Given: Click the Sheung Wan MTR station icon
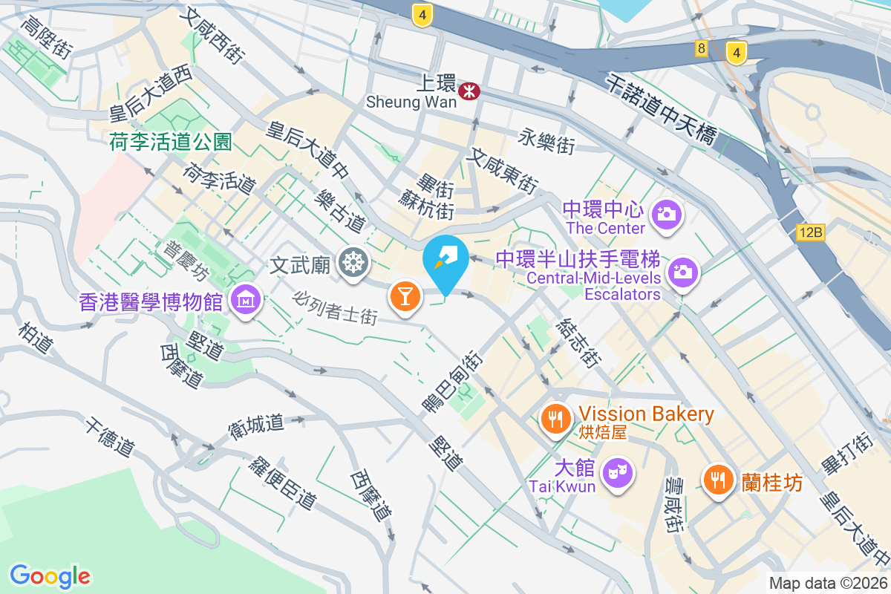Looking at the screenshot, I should point(469,91).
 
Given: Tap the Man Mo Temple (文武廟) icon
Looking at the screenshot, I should point(352,262).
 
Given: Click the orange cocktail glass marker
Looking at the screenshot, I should point(405,296).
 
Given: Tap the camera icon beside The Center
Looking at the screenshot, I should point(666,215).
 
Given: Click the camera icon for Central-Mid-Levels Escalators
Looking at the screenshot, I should point(682,272).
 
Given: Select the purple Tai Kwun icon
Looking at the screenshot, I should point(617,471).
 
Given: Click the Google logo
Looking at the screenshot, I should point(50,575).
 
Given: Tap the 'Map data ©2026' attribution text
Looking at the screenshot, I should point(827,583).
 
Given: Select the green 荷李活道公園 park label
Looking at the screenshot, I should point(171,141).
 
